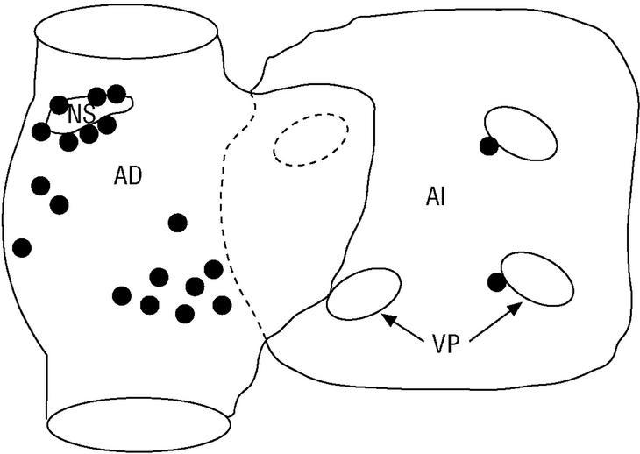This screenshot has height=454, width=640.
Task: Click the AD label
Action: [x=128, y=175]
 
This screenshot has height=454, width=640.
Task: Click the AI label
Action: [x=437, y=196]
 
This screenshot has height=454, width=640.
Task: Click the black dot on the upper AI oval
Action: [x=489, y=145]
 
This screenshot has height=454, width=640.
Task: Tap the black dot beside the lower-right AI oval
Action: [x=496, y=281]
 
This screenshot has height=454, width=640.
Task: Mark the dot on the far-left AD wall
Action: [x=22, y=247]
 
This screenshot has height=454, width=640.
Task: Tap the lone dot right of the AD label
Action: [x=178, y=223]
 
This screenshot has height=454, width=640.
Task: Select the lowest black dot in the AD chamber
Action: [x=184, y=313]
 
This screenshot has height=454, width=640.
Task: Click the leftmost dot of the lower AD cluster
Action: [x=122, y=295]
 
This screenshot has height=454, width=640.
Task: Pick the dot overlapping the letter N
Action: [x=59, y=105]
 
